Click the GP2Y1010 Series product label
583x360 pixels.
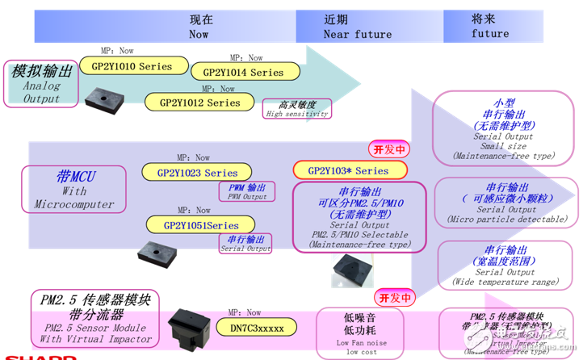(x=133, y=66)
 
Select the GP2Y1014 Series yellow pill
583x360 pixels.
(x=243, y=72)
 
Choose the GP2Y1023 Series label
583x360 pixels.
(x=197, y=172)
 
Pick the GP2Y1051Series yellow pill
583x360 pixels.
(x=201, y=225)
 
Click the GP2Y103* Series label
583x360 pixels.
(x=348, y=170)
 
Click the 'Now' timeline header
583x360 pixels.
(x=199, y=27)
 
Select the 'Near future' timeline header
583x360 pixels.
(x=357, y=27)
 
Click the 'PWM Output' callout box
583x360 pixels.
(x=246, y=191)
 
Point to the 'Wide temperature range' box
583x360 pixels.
(x=505, y=265)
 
